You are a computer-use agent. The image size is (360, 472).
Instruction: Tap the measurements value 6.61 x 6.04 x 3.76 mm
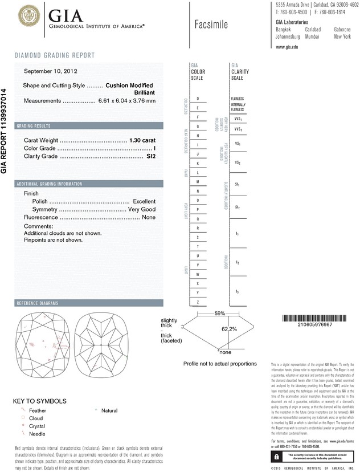[x=127, y=100]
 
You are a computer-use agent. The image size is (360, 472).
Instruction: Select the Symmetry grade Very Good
[x=141, y=209]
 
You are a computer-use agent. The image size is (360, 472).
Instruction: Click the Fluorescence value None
[x=149, y=217]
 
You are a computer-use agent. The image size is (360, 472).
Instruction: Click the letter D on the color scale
[x=198, y=98]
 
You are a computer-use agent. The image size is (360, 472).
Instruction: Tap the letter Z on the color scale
[x=198, y=302]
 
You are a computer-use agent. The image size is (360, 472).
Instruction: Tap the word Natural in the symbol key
[x=109, y=410]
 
